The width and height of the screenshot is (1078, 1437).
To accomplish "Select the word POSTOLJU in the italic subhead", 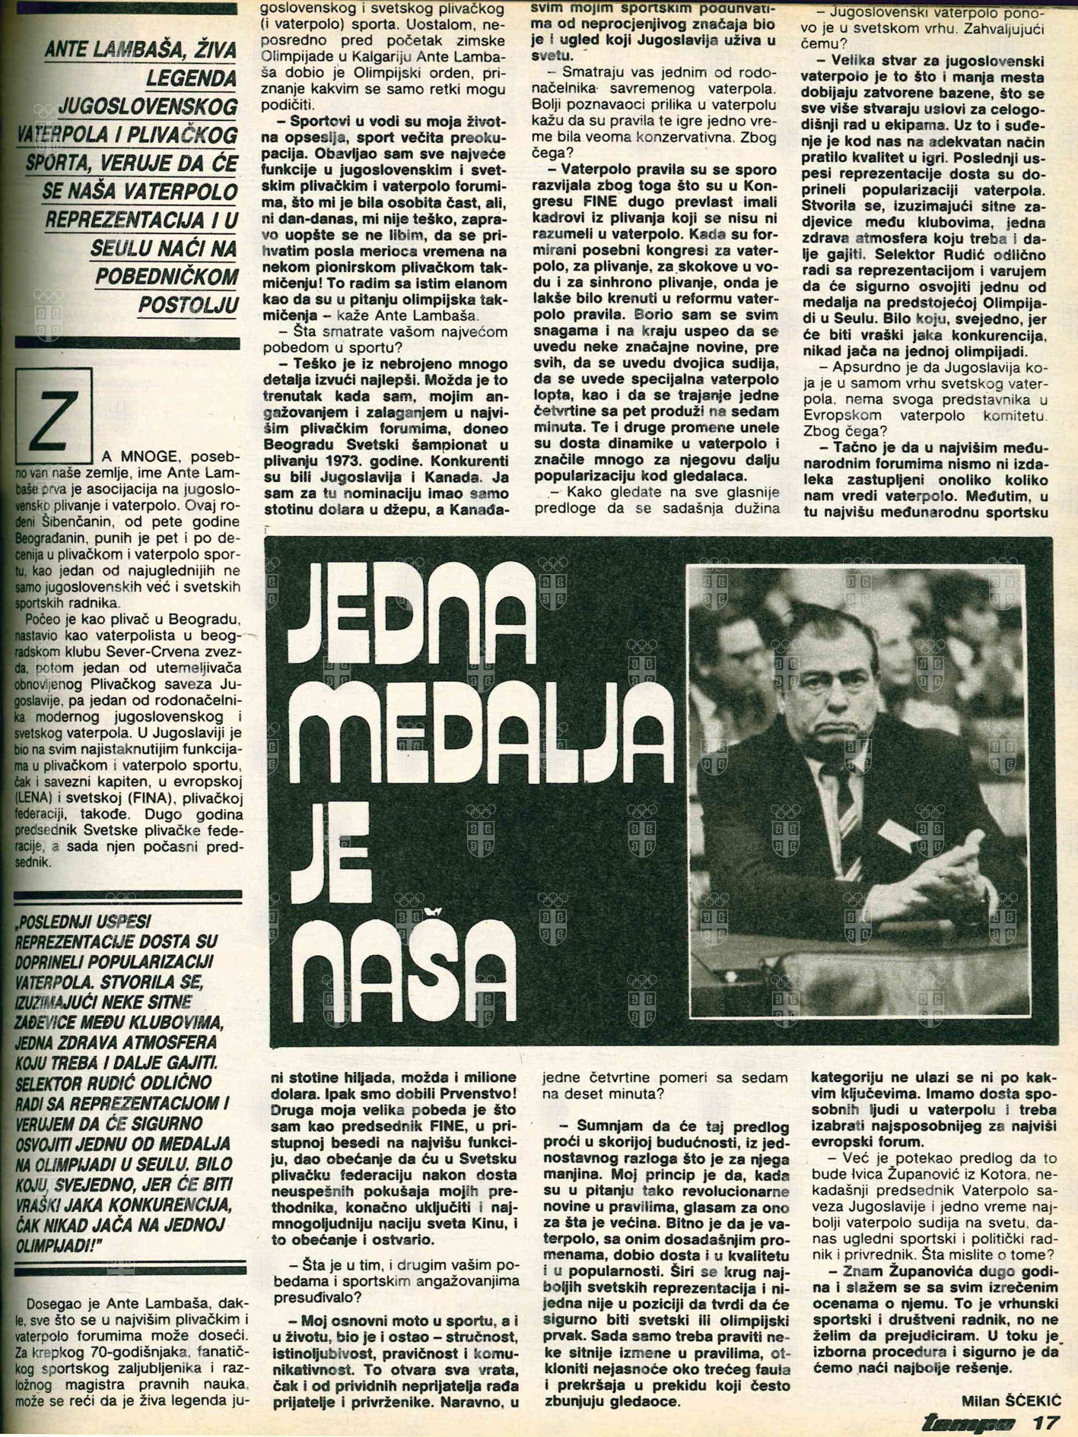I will coord(188,306).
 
